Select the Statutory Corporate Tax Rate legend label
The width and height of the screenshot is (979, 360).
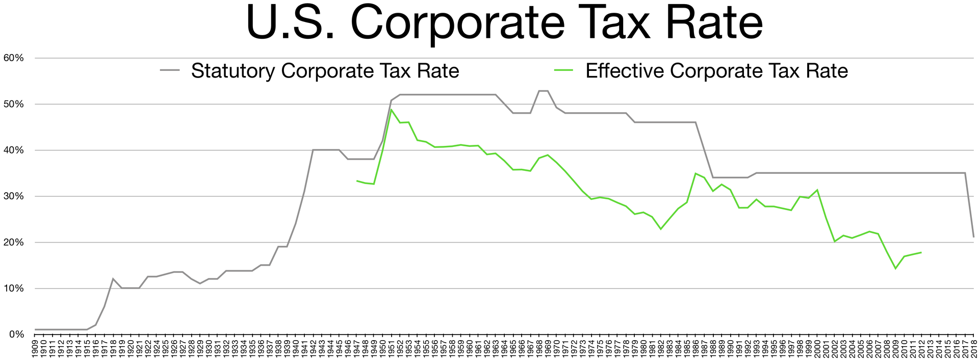tap(325, 71)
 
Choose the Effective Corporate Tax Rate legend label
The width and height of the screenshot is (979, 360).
tap(716, 71)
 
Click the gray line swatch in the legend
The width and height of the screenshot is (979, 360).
tap(170, 71)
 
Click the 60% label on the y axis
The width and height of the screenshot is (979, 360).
tap(14, 58)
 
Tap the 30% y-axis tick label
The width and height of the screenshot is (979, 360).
tap(14, 196)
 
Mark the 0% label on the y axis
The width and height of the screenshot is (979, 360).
tap(16, 335)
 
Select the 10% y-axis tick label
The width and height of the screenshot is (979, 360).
tap(14, 289)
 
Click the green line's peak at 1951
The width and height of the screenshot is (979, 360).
tap(391, 110)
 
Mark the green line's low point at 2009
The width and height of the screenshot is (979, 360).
tap(895, 268)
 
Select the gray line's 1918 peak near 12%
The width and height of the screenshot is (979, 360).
tap(113, 278)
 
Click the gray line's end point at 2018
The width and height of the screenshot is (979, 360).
tap(973, 237)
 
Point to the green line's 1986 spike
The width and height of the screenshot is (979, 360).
tap(695, 173)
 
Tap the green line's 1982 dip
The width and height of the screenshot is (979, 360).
tap(661, 229)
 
